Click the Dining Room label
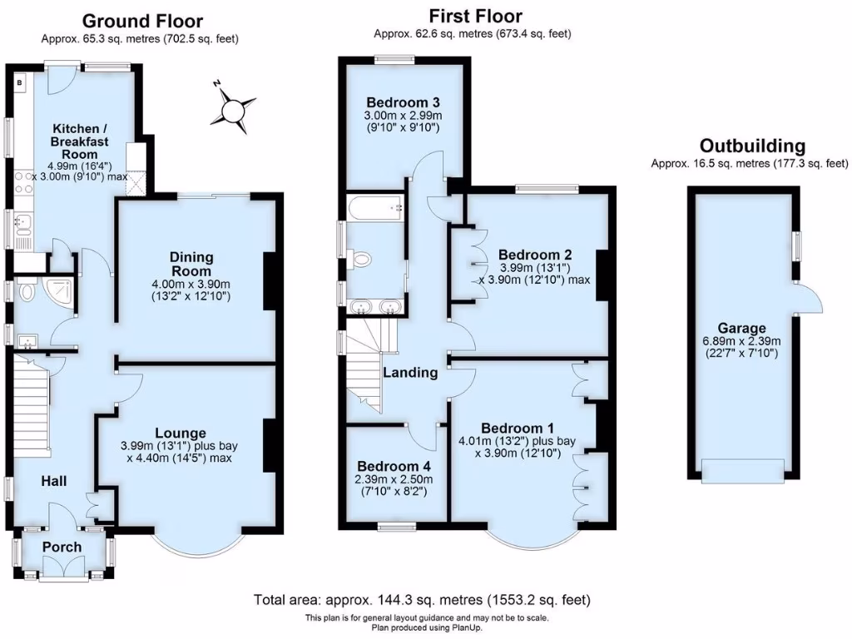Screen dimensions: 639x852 click(x=192, y=265)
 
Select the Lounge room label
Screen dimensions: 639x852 click(x=180, y=433)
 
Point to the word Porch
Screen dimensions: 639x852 click(x=62, y=547)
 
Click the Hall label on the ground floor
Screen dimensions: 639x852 click(x=55, y=481)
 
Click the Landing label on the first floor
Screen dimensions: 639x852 click(x=410, y=372)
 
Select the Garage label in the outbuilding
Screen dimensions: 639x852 click(x=744, y=328)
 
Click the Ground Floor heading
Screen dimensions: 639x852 click(x=142, y=21)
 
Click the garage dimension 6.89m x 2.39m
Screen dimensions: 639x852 click(x=744, y=341)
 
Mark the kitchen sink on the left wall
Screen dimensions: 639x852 click(x=22, y=223)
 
